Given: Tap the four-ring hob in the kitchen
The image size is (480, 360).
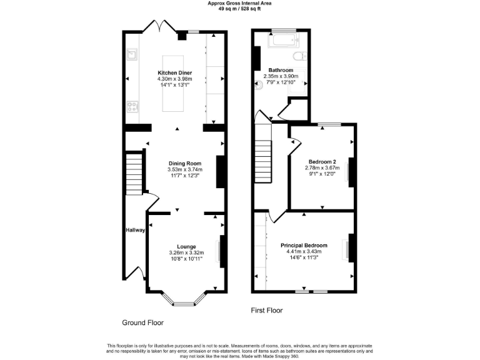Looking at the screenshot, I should coord(132,106).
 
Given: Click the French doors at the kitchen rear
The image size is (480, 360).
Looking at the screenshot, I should coord(160,27).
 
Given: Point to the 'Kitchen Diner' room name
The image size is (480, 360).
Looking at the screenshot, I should coord(174,72).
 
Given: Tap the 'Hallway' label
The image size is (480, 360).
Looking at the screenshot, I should coord(136,230).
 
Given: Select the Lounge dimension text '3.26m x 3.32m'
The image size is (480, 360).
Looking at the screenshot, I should coord(186,252).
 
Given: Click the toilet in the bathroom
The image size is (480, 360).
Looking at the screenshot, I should coord(301,56).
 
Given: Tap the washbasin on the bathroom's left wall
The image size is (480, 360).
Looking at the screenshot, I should coord(257,86).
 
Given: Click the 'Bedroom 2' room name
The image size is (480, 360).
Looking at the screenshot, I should coord(321,161).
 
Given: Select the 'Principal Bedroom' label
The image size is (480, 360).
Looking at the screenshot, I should coord(304,245).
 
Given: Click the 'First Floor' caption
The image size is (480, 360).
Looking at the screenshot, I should coord(267,310).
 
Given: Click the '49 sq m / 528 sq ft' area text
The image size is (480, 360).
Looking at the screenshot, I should coord(239,9).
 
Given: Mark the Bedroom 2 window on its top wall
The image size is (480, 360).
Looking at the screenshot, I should coord(325,124).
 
